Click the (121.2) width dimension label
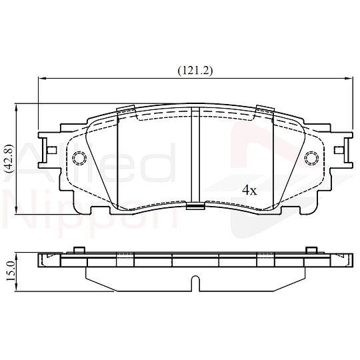tap(195, 71)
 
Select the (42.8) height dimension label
tap(9, 159)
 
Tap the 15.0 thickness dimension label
tap(9, 271)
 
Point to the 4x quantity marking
tap(249, 190)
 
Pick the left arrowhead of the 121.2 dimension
tap(42, 79)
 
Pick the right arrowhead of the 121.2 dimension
tap(349, 79)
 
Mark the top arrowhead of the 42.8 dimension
tap(16, 107)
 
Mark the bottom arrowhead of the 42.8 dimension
tap(16, 211)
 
